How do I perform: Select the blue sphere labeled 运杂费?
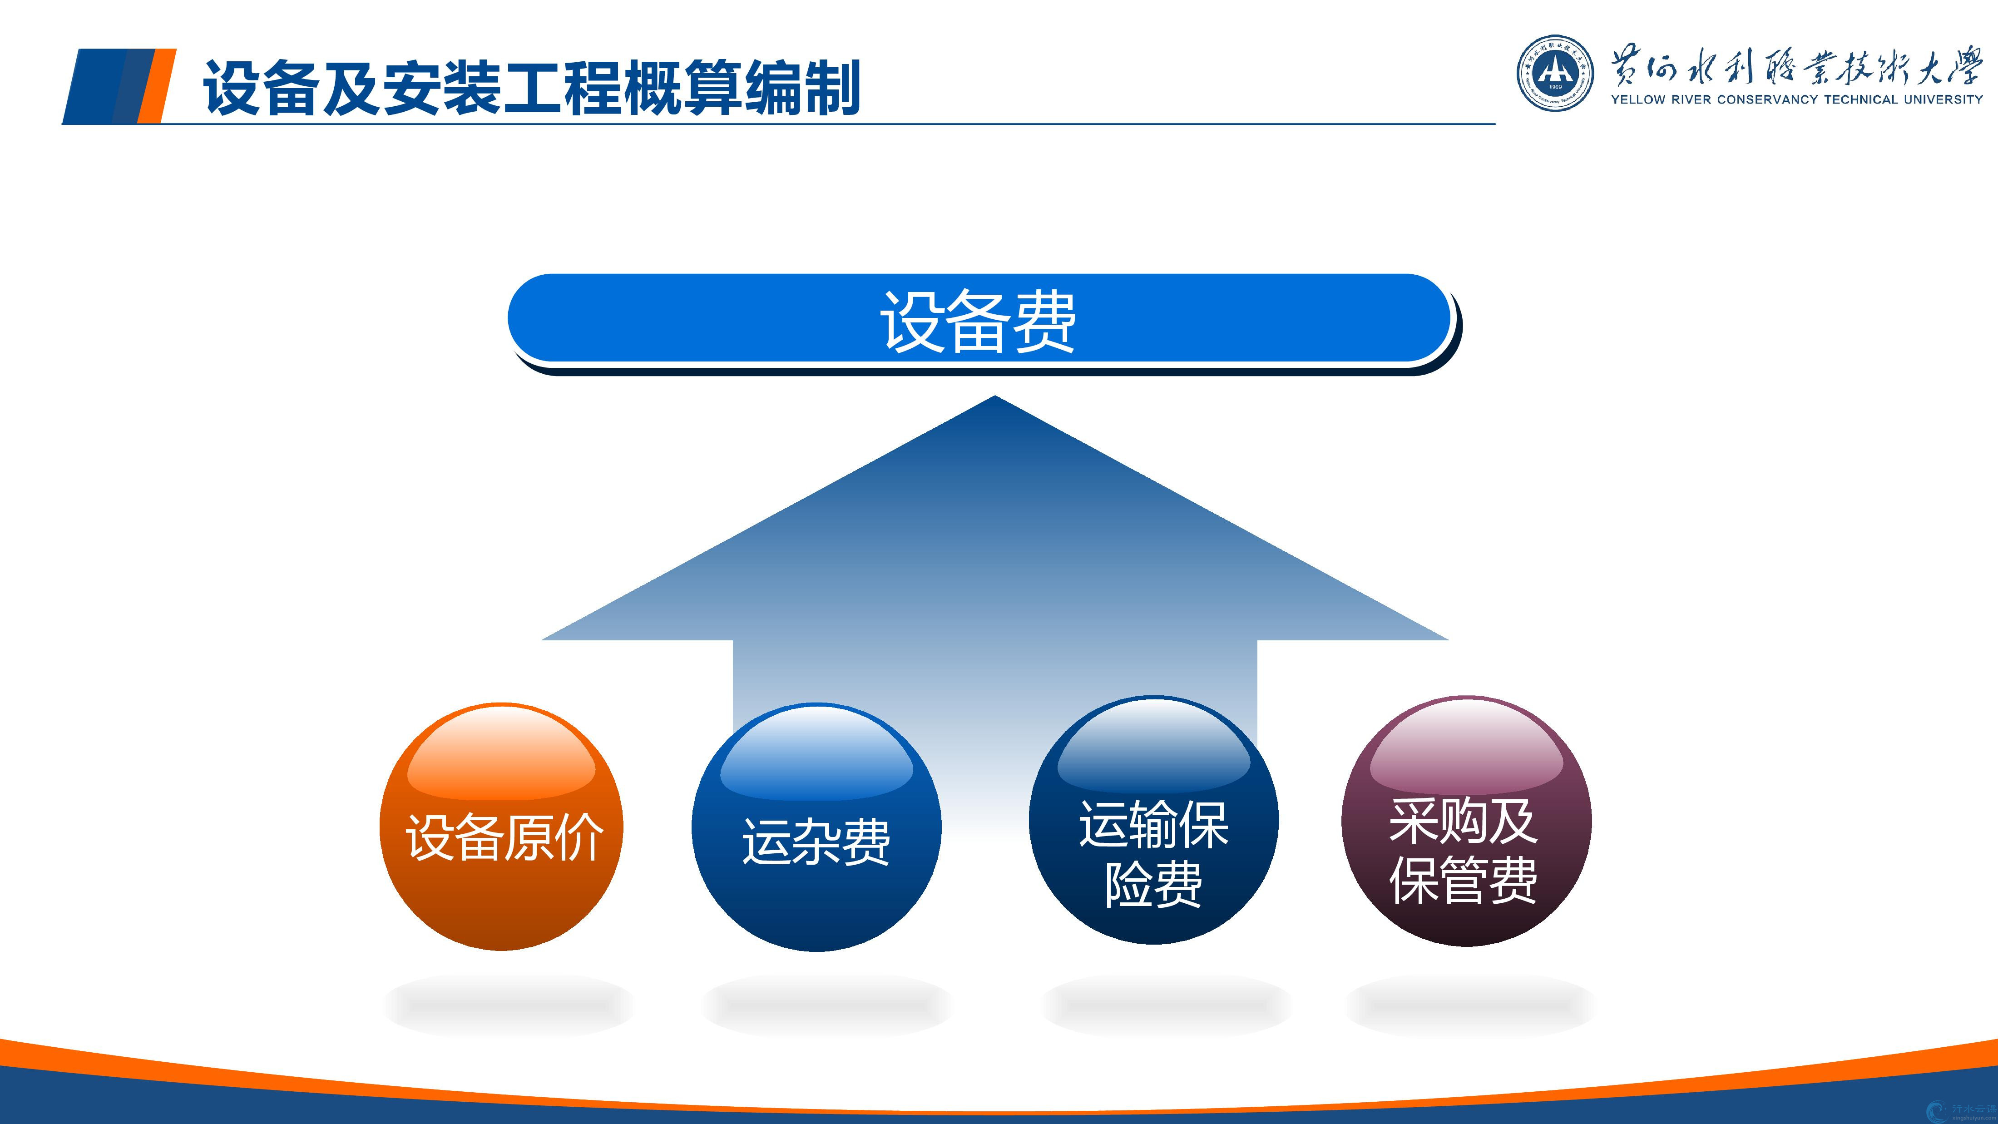coord(816,827)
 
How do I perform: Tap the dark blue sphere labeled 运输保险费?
coord(1153,820)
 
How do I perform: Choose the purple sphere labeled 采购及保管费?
coord(1466,820)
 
